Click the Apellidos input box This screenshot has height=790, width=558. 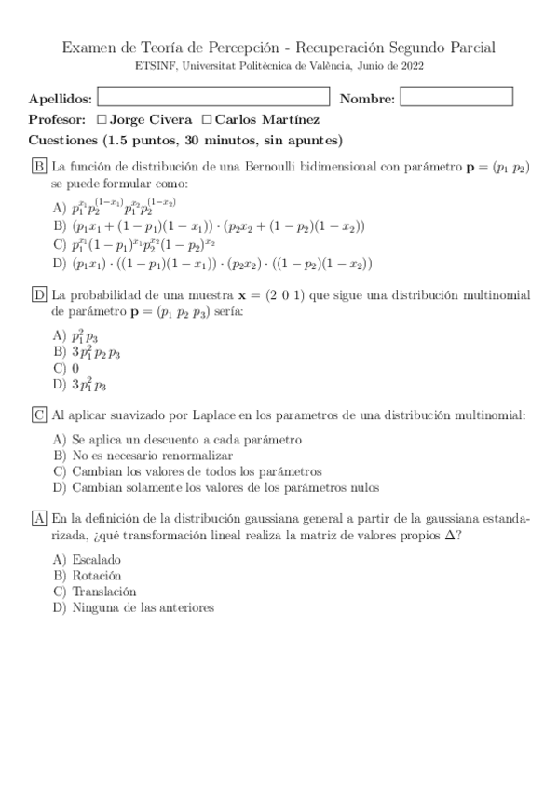point(213,97)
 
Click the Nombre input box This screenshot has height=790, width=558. point(456,97)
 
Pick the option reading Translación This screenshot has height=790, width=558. point(103,592)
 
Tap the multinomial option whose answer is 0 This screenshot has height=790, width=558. point(75,368)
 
